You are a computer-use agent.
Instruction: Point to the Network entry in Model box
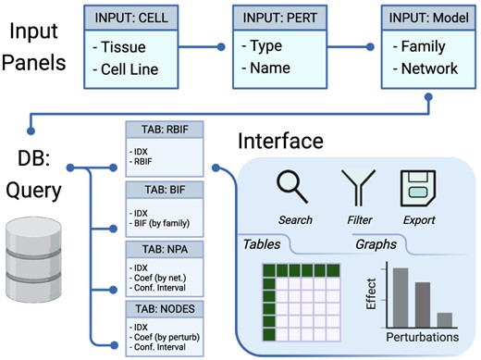(x=423, y=68)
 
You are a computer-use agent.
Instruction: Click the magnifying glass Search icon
(x=293, y=188)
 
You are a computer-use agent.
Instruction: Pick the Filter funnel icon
(x=357, y=189)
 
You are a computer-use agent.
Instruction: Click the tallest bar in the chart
(x=400, y=296)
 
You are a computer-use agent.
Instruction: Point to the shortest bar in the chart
(x=444, y=319)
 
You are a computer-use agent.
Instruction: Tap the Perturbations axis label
(x=421, y=338)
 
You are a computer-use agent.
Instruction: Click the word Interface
(x=280, y=142)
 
